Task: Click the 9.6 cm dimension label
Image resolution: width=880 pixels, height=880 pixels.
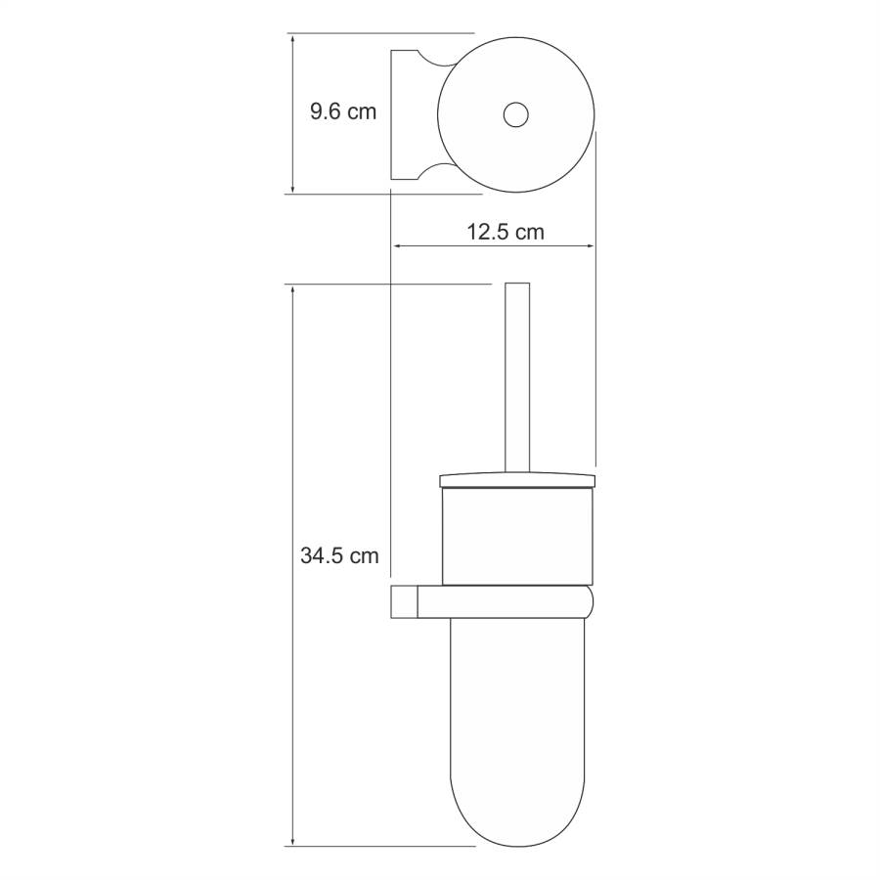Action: point(343,111)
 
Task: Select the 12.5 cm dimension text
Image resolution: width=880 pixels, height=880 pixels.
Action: point(506,232)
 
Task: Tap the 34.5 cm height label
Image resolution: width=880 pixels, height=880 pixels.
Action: point(339,555)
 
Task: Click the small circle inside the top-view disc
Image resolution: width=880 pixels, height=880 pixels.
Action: point(515,114)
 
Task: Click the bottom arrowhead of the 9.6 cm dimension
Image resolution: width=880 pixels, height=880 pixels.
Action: point(291,188)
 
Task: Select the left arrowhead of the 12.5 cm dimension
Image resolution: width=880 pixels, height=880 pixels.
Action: point(397,245)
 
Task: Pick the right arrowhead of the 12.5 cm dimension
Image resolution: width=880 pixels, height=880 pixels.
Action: point(589,245)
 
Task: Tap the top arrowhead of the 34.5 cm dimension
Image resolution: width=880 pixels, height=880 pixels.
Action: point(291,290)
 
